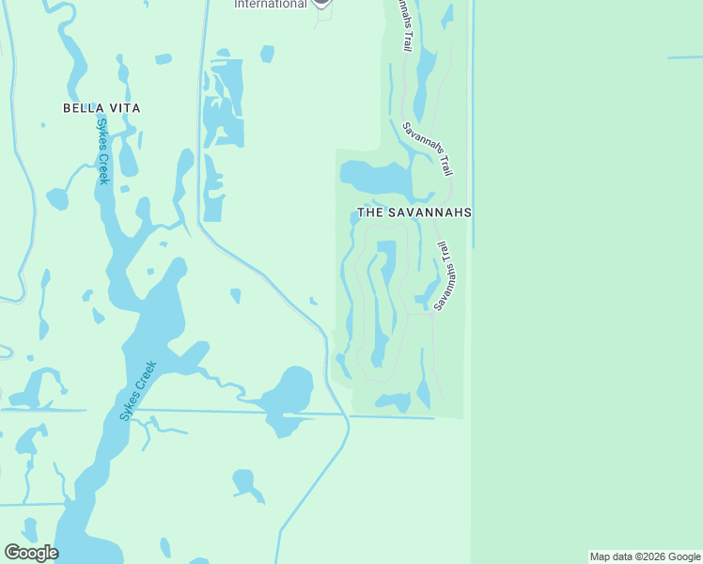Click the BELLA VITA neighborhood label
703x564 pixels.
click(102, 108)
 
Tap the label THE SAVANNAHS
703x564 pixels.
click(414, 213)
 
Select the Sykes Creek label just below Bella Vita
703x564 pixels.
click(102, 151)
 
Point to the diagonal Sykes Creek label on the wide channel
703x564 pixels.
click(138, 390)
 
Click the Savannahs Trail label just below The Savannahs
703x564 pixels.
click(447, 274)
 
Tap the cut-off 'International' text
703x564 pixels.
click(271, 4)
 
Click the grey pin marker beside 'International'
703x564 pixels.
click(321, 3)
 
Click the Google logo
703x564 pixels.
click(31, 553)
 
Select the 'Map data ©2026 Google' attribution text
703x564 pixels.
click(645, 556)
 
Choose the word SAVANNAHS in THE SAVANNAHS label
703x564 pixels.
click(429, 213)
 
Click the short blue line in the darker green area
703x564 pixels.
click(685, 57)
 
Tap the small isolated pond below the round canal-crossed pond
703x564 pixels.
click(247, 483)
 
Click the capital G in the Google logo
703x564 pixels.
click(12, 553)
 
